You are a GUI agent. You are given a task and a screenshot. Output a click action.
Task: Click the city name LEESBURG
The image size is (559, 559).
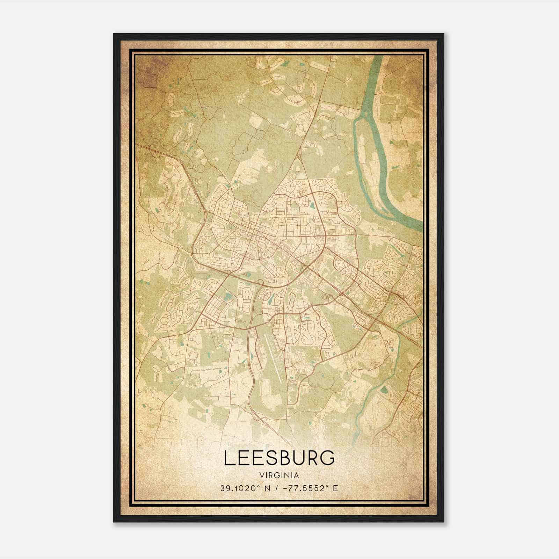tap(279, 458)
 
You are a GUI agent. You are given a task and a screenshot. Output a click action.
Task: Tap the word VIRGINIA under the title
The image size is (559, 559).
tap(279, 475)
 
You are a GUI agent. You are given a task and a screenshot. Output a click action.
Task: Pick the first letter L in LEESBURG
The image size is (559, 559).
tap(228, 458)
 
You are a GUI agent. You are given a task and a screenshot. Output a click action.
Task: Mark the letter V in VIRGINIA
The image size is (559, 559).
tap(262, 475)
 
